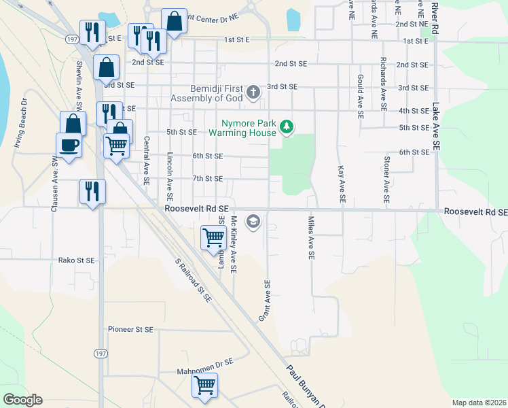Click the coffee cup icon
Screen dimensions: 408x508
click(69, 145)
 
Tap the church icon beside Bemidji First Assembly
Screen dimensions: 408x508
click(253, 92)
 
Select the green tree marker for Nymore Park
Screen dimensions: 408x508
click(287, 126)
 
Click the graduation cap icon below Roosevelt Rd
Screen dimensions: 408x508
click(253, 221)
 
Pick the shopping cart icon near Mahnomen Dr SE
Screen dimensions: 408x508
click(204, 385)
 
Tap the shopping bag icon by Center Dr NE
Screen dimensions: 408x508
click(175, 22)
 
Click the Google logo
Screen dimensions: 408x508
click(22, 400)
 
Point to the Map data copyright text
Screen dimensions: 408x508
click(478, 403)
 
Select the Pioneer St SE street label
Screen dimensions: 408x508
click(131, 329)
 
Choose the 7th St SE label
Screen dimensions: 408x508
click(207, 178)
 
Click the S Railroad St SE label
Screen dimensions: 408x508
click(193, 279)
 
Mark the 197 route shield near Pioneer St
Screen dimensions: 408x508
click(101, 354)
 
